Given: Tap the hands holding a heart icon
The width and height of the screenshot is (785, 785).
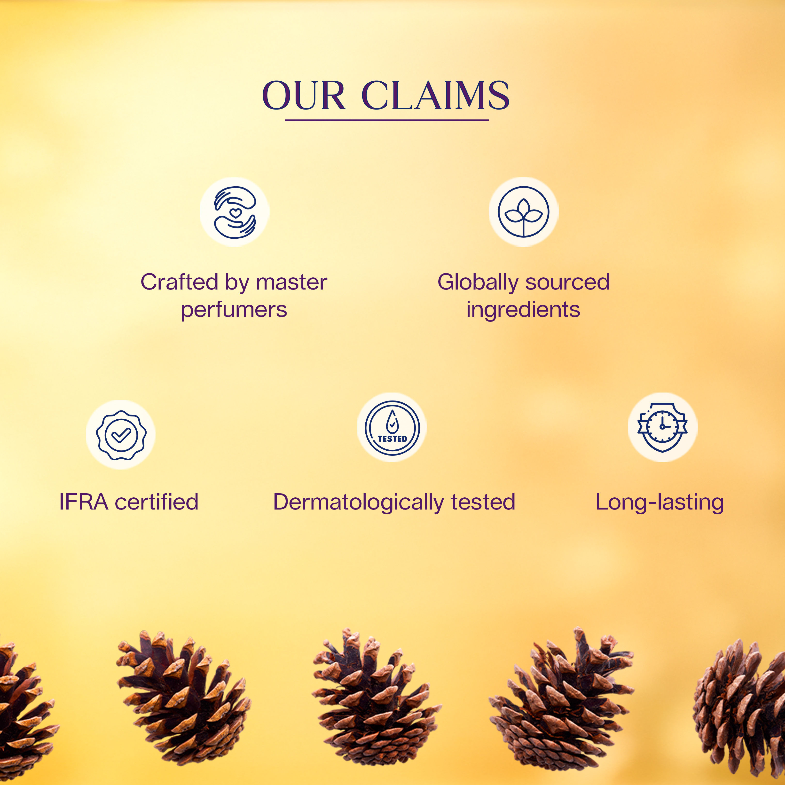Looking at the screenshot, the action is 235,212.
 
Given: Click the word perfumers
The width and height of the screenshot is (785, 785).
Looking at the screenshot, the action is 234,310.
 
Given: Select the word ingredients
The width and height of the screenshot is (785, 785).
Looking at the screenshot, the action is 523,310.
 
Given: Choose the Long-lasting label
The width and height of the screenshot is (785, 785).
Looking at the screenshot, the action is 659,502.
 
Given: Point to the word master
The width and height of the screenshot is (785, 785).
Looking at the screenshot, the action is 292,283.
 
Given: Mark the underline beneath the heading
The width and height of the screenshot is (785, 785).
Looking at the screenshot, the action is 387,120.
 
